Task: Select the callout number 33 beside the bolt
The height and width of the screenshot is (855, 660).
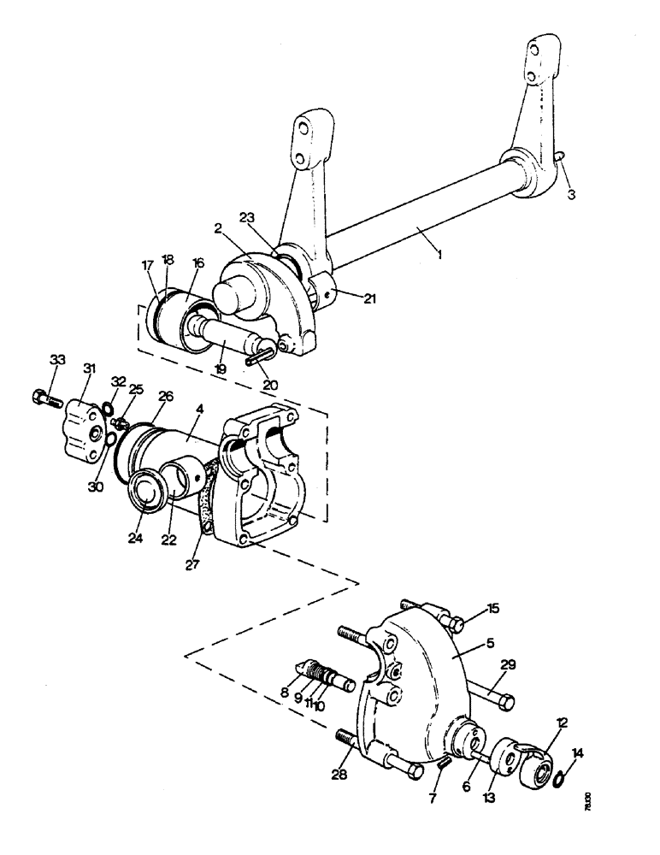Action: click(56, 361)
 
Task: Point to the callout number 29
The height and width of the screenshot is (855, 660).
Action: click(509, 663)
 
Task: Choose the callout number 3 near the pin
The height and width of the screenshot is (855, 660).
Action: click(572, 194)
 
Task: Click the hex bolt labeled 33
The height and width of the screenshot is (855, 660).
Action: click(43, 397)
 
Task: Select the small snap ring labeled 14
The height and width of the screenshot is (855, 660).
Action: click(560, 776)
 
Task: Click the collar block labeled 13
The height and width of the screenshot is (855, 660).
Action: click(504, 753)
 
